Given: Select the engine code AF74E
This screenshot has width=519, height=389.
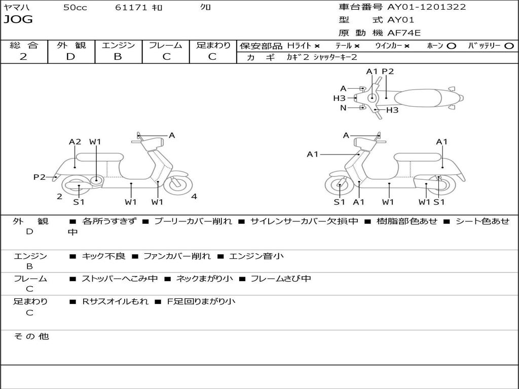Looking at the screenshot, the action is (x=404, y=33).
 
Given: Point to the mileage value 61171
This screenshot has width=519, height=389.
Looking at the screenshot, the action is (x=131, y=8).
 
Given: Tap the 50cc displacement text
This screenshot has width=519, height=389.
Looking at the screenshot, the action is (x=75, y=8).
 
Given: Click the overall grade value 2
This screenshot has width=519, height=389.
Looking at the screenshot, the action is (x=23, y=57).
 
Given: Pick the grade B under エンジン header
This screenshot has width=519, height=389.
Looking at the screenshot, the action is (x=118, y=57).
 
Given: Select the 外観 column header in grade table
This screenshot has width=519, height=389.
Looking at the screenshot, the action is (x=71, y=45).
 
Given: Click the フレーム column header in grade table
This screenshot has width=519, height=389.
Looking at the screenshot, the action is (x=165, y=45).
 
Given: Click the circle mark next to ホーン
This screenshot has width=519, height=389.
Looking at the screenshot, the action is (x=451, y=46).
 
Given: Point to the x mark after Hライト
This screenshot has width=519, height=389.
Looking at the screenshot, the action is (x=317, y=46).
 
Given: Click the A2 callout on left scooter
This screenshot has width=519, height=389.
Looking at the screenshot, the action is (x=75, y=142).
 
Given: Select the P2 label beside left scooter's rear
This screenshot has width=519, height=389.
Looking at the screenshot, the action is (x=40, y=177).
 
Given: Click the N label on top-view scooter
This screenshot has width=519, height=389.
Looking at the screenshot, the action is (x=343, y=108).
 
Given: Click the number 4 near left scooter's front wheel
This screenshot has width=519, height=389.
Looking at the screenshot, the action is (x=194, y=197).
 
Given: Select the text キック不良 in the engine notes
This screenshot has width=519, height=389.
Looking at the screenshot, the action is (x=103, y=256).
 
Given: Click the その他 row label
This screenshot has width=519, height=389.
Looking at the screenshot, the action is (x=31, y=336).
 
